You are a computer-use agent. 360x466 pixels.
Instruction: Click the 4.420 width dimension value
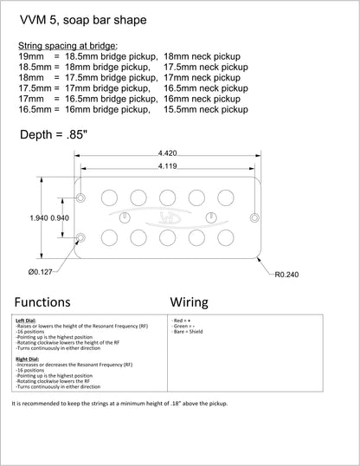[x=168, y=153]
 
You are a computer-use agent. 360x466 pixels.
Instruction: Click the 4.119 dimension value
[x=168, y=165]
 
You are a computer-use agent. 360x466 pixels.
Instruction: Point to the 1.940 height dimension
[x=39, y=218]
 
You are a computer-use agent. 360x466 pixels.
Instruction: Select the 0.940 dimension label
[x=60, y=218]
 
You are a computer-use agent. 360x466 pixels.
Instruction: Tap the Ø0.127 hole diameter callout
[x=41, y=272]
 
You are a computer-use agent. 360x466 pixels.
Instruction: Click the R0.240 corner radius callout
[x=286, y=275]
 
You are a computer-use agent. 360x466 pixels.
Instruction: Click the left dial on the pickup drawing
[x=125, y=217]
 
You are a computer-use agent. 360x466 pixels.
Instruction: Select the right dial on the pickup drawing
[x=211, y=217]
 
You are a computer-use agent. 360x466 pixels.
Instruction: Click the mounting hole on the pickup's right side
[x=254, y=218]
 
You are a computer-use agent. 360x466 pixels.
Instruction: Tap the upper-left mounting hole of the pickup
[x=80, y=197]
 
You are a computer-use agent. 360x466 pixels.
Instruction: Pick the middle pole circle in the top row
[x=168, y=197]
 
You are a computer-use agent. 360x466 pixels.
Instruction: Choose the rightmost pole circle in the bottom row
[x=226, y=237]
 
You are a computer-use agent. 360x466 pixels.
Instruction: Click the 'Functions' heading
[x=42, y=302]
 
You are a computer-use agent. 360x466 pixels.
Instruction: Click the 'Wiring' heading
[x=190, y=302]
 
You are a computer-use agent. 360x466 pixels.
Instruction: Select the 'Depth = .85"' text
[x=54, y=134]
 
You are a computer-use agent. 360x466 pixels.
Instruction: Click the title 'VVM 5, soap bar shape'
[x=83, y=20]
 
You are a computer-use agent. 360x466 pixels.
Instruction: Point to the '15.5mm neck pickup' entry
[x=206, y=109]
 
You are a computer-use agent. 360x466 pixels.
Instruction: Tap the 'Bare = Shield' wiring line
[x=188, y=332]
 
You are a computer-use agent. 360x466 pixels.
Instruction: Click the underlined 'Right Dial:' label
[x=28, y=359]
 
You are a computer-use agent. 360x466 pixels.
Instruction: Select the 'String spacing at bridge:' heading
[x=68, y=46]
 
